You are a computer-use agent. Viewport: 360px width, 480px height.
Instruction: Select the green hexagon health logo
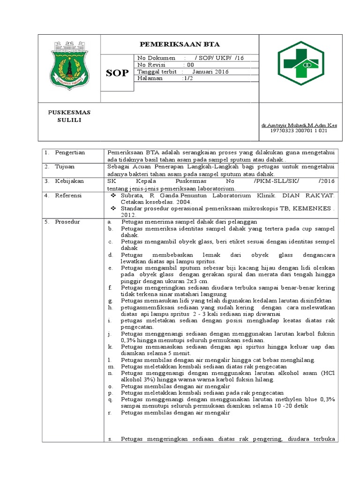point(300,63)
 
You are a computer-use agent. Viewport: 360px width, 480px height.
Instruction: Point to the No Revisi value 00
point(190,65)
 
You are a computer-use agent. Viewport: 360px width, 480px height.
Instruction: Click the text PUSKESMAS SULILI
point(70,116)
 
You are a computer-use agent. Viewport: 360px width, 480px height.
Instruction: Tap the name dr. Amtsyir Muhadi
point(299,126)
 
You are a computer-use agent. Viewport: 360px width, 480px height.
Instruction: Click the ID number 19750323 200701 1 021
point(299,131)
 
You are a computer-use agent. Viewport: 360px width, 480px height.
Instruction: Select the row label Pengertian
point(70,153)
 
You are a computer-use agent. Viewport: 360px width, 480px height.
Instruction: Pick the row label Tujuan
point(65,166)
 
